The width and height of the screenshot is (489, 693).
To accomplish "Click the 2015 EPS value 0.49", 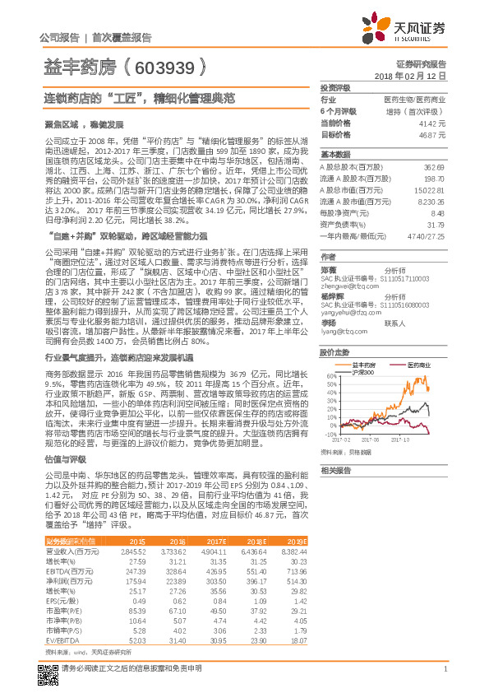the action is click(x=136, y=602).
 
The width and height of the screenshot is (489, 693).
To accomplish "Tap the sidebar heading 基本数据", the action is click(x=334, y=155).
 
